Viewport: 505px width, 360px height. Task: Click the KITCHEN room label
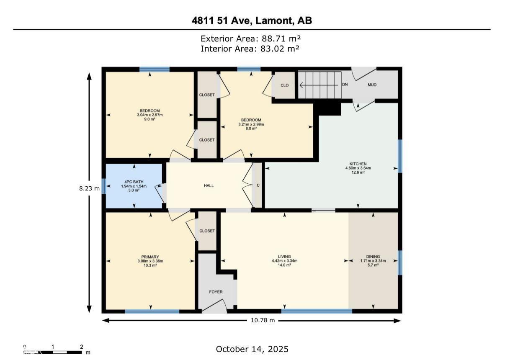(358, 164)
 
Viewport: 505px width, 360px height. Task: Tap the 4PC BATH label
(134, 182)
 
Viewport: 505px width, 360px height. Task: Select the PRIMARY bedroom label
(150, 257)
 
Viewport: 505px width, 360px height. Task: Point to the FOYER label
(216, 292)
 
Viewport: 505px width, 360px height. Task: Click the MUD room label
(372, 85)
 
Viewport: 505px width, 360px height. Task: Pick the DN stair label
(345, 85)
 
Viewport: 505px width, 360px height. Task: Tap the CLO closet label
(285, 85)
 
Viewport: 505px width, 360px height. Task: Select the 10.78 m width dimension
(263, 320)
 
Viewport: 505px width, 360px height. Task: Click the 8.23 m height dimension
(89, 188)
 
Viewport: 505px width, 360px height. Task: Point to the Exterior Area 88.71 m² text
(251, 39)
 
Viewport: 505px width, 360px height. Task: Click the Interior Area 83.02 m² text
(250, 49)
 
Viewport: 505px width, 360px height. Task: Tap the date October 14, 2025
(252, 349)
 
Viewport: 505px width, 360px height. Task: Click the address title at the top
(252, 21)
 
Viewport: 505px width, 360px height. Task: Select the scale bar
(52, 352)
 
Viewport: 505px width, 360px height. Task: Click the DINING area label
(373, 257)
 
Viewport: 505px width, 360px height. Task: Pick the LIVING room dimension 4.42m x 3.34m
(284, 261)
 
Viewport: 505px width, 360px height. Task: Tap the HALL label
(209, 186)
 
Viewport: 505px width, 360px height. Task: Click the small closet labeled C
(257, 185)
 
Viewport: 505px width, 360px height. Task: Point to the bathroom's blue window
(103, 186)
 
